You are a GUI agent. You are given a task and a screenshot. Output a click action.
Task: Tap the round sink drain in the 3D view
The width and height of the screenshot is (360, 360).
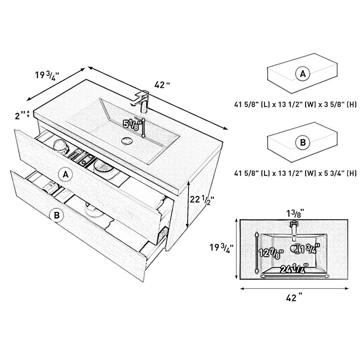pos(126,140)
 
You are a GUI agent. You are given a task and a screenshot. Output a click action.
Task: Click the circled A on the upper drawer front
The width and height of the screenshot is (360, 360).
pos(66,175)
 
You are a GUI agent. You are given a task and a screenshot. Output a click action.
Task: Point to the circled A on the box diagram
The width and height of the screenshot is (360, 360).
pos(302,74)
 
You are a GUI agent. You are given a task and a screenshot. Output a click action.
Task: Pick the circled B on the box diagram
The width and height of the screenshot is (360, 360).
pos(302,142)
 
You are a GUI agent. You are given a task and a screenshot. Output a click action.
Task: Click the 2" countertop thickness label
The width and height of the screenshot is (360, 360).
pos(20,115)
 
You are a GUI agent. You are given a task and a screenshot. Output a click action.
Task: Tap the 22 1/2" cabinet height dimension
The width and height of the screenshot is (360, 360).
pos(202,199)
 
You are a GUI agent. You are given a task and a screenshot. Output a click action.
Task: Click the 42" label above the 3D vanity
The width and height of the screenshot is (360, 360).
pos(162,85)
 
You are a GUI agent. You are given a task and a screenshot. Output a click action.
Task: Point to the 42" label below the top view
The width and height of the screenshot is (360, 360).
pos(294,298)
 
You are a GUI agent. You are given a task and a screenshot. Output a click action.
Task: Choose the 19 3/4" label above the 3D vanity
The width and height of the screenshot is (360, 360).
pos(47,75)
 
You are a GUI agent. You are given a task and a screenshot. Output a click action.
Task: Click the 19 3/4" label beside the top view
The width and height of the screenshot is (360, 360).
pos(221,248)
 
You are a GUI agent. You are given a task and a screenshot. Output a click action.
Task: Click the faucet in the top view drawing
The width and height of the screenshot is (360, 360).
pos(294,230)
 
